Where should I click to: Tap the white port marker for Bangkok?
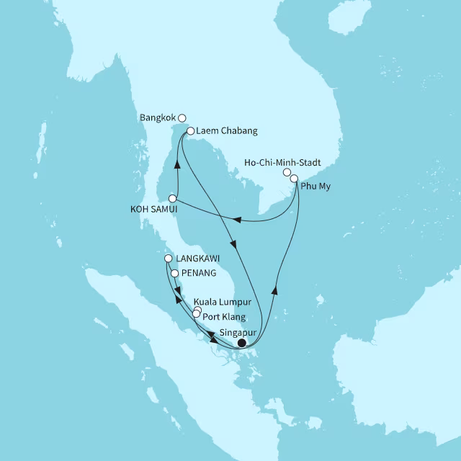[x=182, y=118]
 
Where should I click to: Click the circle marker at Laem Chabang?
[x=190, y=131]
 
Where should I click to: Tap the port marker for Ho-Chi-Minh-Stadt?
[x=287, y=173]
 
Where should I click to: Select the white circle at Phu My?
[x=294, y=178]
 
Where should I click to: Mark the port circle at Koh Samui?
[x=172, y=198]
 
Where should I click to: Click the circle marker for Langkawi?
[x=168, y=259]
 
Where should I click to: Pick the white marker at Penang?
[x=174, y=273]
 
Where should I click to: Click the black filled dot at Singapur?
[x=242, y=343]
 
